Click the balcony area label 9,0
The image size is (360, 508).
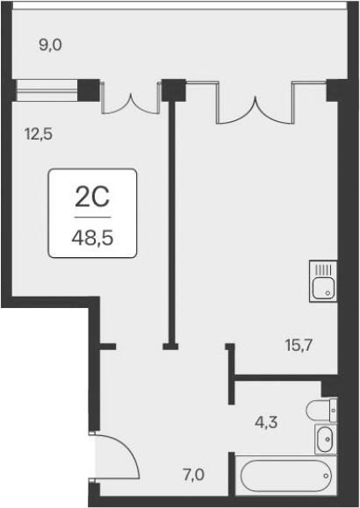tap(53, 45)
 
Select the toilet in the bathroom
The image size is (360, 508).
tap(321, 410)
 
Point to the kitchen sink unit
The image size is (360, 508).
tap(324, 281)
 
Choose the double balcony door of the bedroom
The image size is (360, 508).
tap(129, 98)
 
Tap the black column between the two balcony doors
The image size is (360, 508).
tap(174, 89)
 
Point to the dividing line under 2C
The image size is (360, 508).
tap(92, 216)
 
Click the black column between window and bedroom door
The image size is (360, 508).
tap(89, 88)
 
